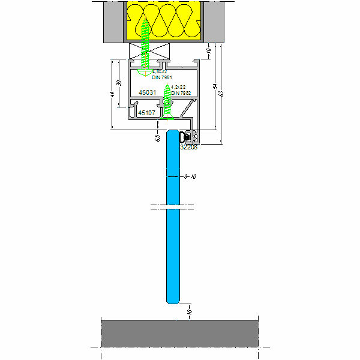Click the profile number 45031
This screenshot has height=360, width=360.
pyautogui.click(x=148, y=92)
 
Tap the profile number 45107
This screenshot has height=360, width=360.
pyautogui.click(x=147, y=112)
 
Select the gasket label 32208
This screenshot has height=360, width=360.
pyautogui.click(x=189, y=147)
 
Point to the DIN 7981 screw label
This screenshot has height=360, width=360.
pyautogui.click(x=163, y=77)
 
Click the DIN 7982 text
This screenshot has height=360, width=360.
pyautogui.click(x=181, y=93)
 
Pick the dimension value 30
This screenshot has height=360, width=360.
pyautogui.click(x=119, y=83)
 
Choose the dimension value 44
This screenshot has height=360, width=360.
pyautogui.click(x=112, y=94)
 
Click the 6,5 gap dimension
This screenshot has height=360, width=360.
pyautogui.click(x=157, y=137)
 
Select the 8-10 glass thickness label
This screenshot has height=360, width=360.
pyautogui.click(x=191, y=176)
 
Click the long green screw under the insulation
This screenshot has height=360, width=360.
pyautogui.click(x=145, y=45)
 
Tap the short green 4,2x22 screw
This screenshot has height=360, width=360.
pyautogui.click(x=169, y=100)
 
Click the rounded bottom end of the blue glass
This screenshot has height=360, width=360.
pyautogui.click(x=172, y=298)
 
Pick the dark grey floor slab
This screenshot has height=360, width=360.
pyautogui.click(x=179, y=333)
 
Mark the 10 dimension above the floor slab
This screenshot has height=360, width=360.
pyautogui.click(x=188, y=312)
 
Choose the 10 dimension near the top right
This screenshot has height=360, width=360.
pyautogui.click(x=208, y=51)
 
